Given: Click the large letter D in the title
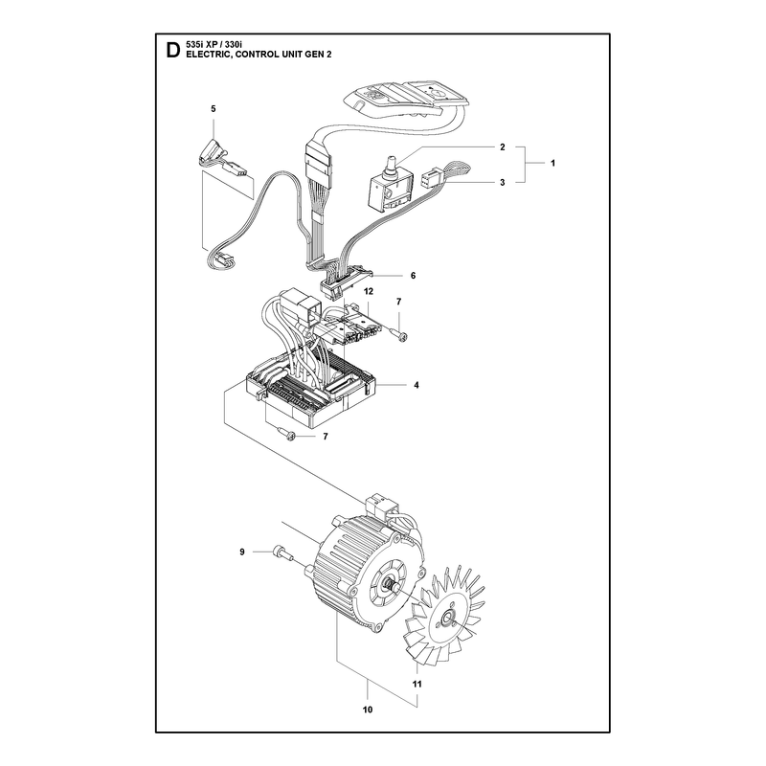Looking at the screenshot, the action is [x=172, y=51].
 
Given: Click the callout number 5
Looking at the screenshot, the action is [x=213, y=108].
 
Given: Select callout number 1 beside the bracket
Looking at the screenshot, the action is [x=552, y=163].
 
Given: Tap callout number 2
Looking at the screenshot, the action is [x=502, y=147].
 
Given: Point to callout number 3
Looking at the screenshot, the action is [x=502, y=182].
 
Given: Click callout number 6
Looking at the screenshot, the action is [x=413, y=276].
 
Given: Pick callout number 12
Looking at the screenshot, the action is [x=369, y=291].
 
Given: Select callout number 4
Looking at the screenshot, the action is [x=417, y=385].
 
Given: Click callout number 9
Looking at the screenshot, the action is [x=242, y=552].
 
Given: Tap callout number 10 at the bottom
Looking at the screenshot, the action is [x=368, y=709].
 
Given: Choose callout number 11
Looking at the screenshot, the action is [x=417, y=684].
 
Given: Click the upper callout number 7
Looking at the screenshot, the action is [x=398, y=302].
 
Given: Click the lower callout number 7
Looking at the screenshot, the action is [x=326, y=437].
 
